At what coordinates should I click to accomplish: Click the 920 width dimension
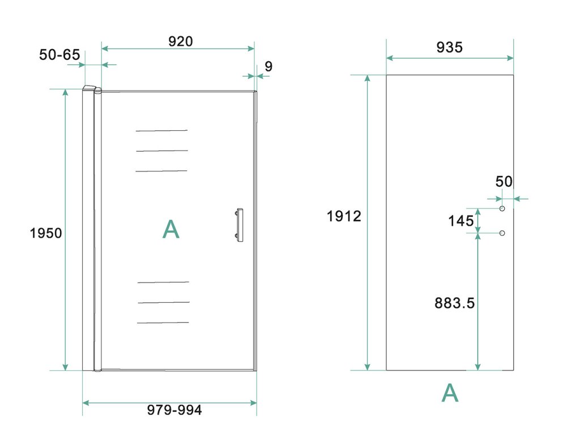(181, 41)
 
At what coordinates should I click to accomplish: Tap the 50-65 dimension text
(59, 55)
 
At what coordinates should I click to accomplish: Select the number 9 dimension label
(268, 67)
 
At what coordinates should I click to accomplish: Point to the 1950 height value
(46, 233)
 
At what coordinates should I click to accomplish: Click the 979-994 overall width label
(174, 410)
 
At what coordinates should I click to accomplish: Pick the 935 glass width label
(449, 48)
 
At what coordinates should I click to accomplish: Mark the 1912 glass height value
(344, 216)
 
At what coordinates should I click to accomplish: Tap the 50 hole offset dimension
(504, 182)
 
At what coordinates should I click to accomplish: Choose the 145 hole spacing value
(461, 221)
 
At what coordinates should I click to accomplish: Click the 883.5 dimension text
(455, 303)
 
